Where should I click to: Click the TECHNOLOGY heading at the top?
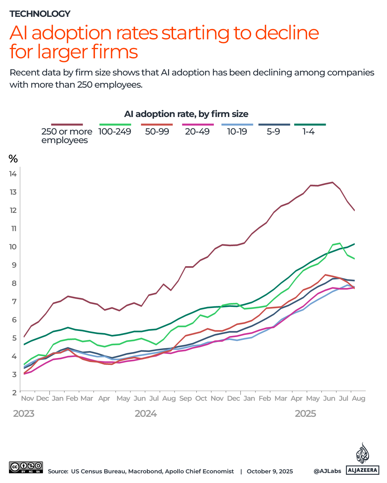pyautogui.click(x=40, y=14)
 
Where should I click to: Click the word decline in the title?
pyautogui.click(x=287, y=33)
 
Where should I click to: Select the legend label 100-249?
pyautogui.click(x=115, y=132)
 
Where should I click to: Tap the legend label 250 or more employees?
pyautogui.click(x=67, y=136)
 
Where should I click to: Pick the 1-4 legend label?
pyautogui.click(x=308, y=132)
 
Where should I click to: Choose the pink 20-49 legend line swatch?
pyautogui.click(x=198, y=125)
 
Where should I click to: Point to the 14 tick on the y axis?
pyautogui.click(x=13, y=174)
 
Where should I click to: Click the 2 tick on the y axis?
pyautogui.click(x=14, y=392)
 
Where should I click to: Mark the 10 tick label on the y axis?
pyautogui.click(x=13, y=247)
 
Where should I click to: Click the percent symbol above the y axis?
pyautogui.click(x=13, y=158)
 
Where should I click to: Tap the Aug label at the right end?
pyautogui.click(x=358, y=398)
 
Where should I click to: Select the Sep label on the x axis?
pyautogui.click(x=186, y=398)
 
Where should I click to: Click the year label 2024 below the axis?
pyautogui.click(x=145, y=414)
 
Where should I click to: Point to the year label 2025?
pyautogui.click(x=305, y=414)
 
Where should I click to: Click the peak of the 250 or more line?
pyautogui.click(x=333, y=182)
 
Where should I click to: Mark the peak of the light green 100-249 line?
pyautogui.click(x=339, y=243)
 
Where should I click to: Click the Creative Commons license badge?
pyautogui.click(x=26, y=467)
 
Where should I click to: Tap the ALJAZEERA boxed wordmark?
pyautogui.click(x=363, y=470)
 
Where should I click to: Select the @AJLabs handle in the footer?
pyautogui.click(x=327, y=471)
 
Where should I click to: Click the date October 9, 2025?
pyautogui.click(x=270, y=471)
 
